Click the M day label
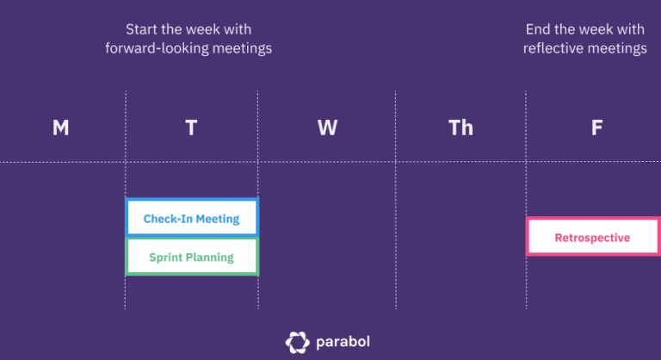(x=60, y=128)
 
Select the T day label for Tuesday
(x=191, y=128)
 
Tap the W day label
(x=327, y=128)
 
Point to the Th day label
(x=460, y=128)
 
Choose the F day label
(x=596, y=128)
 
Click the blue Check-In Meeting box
(x=191, y=218)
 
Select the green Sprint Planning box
(x=191, y=257)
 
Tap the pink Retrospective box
(x=592, y=238)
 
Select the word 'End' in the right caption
(x=538, y=29)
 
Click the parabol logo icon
(x=297, y=342)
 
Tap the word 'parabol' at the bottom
(x=343, y=343)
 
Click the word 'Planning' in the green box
(x=210, y=257)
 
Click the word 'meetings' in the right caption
(x=617, y=48)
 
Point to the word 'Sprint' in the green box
(x=165, y=257)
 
